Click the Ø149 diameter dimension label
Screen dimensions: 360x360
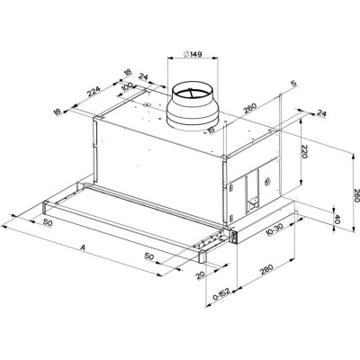[192, 54]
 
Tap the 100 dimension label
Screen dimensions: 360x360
[128, 87]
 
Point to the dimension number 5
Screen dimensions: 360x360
[293, 84]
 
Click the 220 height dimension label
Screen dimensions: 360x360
[304, 151]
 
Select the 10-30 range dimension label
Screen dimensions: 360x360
[274, 230]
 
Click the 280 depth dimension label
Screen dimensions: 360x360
[266, 269]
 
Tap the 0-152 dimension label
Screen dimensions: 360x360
[221, 294]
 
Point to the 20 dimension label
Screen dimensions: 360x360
[200, 275]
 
